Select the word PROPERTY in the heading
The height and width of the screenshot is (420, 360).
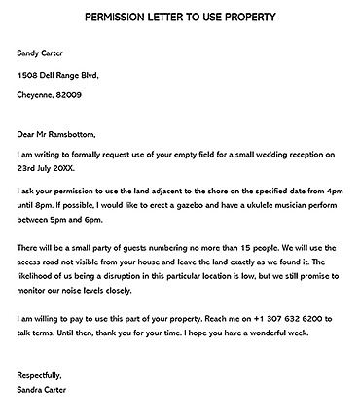tap(244, 17)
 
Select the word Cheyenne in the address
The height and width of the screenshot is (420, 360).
tap(36, 94)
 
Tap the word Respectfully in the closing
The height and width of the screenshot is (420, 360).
tap(39, 374)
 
